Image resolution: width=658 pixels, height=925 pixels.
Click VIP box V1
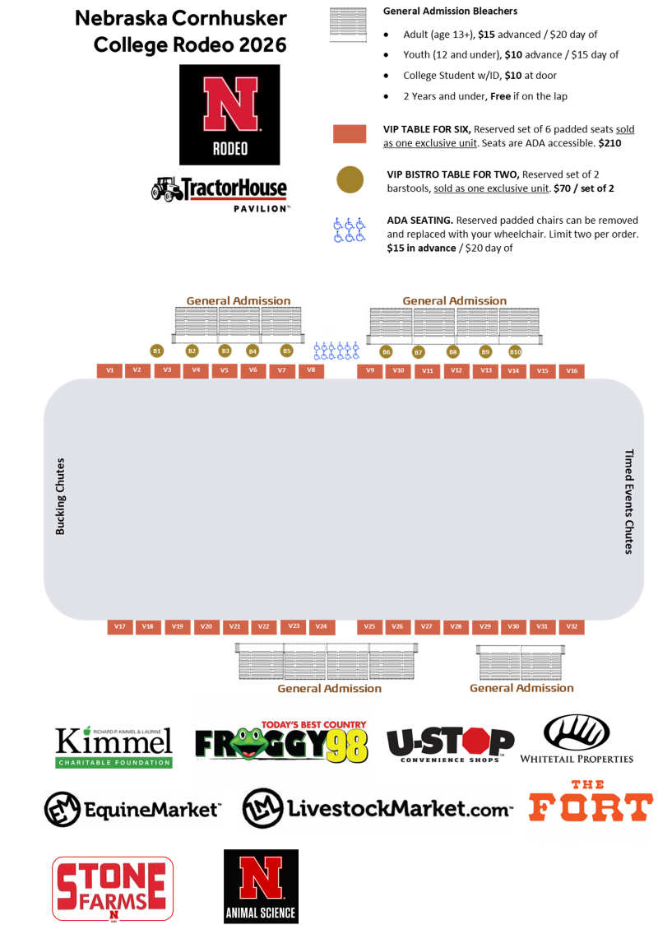(x=110, y=370)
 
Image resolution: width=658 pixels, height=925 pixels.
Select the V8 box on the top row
(x=311, y=370)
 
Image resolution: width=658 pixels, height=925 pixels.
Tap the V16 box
(x=572, y=371)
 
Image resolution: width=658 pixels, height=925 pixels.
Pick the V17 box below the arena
(x=120, y=627)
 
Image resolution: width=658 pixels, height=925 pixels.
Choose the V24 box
(x=322, y=627)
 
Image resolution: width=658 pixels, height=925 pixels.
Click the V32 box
(x=572, y=627)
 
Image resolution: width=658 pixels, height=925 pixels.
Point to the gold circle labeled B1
(x=157, y=351)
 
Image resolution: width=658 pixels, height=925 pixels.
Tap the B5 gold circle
(x=286, y=351)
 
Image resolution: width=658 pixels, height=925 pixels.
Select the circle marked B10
(x=515, y=352)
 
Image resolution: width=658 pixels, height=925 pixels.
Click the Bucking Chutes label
(x=60, y=496)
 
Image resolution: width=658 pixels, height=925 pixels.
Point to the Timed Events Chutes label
(x=629, y=501)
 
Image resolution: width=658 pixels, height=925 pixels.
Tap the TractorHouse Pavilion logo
(x=220, y=193)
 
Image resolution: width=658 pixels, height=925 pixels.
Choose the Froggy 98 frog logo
(x=281, y=741)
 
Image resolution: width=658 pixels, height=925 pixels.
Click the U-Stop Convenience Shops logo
(x=450, y=745)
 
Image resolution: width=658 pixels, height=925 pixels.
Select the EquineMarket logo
(x=132, y=809)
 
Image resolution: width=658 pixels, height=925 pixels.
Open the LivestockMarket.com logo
(x=378, y=808)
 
